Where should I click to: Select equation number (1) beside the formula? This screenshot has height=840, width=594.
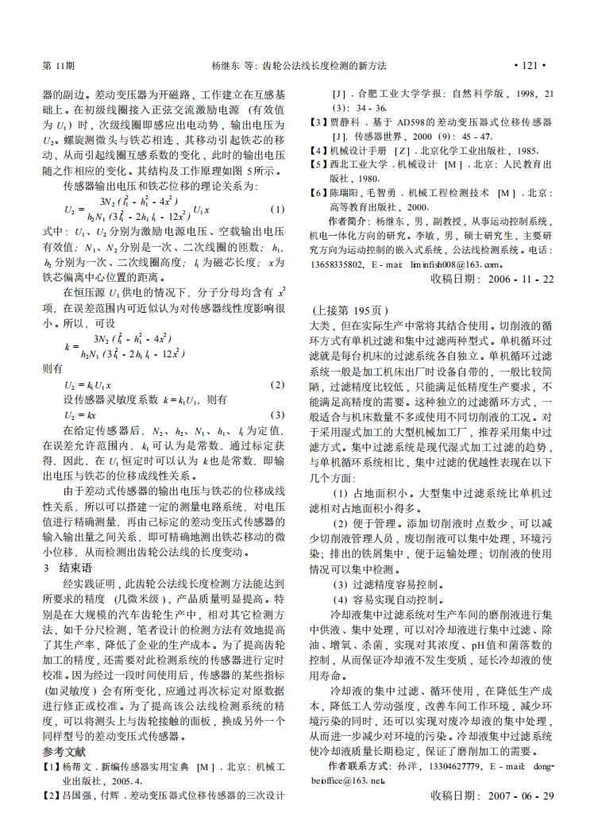(x=277, y=209)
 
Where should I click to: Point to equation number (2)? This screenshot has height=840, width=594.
(x=277, y=384)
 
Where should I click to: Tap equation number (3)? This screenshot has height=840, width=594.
(x=277, y=414)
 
